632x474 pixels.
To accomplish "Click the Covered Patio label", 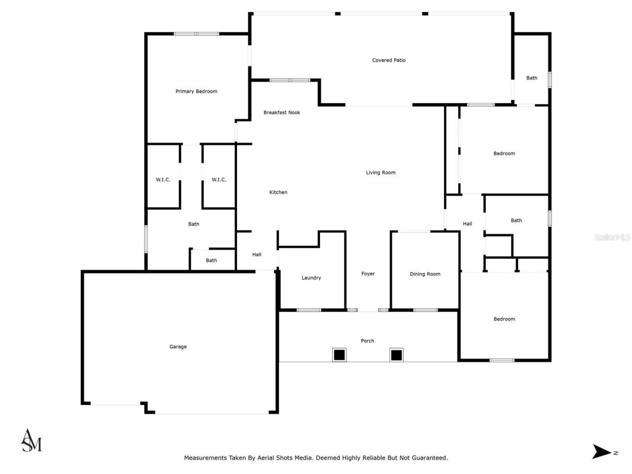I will pyautogui.click(x=389, y=60).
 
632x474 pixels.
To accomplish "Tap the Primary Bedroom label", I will pyautogui.click(x=196, y=91).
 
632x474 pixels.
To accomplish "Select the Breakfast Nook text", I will pyautogui.click(x=281, y=113).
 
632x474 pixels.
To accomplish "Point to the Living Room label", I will pyautogui.click(x=380, y=173).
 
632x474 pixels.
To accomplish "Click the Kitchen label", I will pyautogui.click(x=278, y=193).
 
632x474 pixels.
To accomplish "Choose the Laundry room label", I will pyautogui.click(x=311, y=278).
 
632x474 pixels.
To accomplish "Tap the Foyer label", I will pyautogui.click(x=368, y=274).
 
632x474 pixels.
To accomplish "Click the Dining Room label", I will pyautogui.click(x=425, y=274).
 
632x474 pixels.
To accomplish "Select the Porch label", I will pyautogui.click(x=367, y=341).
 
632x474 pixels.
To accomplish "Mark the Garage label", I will pyautogui.click(x=178, y=347).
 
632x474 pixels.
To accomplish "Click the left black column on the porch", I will pyautogui.click(x=339, y=355).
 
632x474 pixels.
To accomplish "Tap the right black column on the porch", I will pyautogui.click(x=396, y=355).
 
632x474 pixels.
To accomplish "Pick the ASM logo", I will pyautogui.click(x=31, y=441).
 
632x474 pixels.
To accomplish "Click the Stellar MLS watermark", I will pyautogui.click(x=612, y=237).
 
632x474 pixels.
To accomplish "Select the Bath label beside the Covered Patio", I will pyautogui.click(x=531, y=78).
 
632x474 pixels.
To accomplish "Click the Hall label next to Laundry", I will pyautogui.click(x=257, y=255).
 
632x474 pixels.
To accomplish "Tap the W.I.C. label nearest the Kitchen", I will pyautogui.click(x=219, y=180).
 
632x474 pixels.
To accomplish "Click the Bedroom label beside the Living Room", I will pyautogui.click(x=504, y=154).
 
